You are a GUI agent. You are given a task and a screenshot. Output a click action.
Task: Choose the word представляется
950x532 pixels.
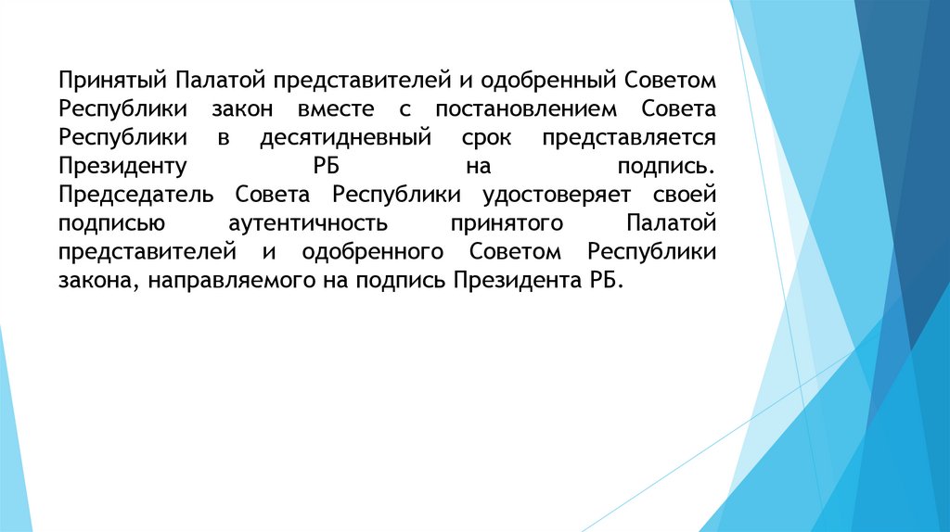(x=624, y=137)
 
